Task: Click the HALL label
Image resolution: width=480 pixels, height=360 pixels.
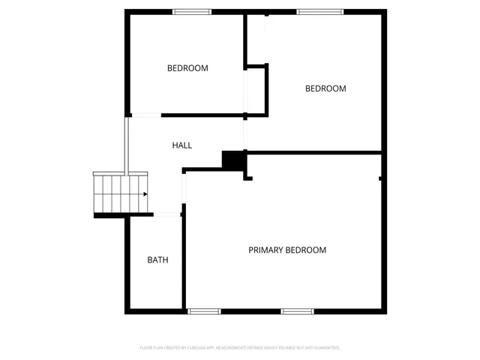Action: click(x=182, y=145)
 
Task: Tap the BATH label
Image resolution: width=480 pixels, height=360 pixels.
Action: click(x=157, y=260)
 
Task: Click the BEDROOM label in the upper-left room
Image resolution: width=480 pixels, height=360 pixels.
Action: click(x=187, y=68)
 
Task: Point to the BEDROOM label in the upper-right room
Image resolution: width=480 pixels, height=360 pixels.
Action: click(x=325, y=88)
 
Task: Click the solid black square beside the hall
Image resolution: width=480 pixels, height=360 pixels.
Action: click(x=234, y=160)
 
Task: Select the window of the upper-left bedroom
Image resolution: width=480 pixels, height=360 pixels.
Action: click(x=191, y=11)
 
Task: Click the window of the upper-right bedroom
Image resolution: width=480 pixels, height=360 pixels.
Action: click(x=320, y=11)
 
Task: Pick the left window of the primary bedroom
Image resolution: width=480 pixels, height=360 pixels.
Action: click(x=204, y=311)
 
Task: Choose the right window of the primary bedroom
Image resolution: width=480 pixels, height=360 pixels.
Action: click(x=297, y=311)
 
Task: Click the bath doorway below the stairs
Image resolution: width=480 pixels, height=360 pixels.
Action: click(x=168, y=215)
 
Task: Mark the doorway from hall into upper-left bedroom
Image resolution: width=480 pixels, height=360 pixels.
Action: click(x=146, y=115)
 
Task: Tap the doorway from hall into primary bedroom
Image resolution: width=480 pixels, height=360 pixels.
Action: click(x=184, y=187)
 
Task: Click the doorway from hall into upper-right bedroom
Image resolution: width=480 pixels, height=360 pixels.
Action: click(x=244, y=135)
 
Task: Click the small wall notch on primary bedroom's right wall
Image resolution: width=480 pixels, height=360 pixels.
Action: click(x=382, y=178)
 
